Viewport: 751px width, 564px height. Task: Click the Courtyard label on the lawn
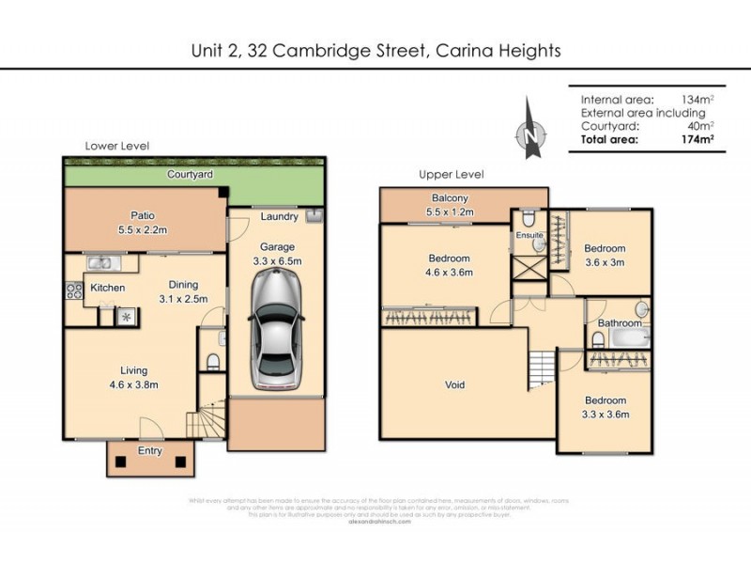tap(190, 175)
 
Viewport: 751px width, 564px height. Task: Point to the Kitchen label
tap(108, 288)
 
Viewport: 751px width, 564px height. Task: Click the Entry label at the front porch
tap(149, 451)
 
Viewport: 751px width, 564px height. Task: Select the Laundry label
tap(280, 217)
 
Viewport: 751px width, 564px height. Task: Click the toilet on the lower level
tap(212, 361)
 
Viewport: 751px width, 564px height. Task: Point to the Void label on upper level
tap(454, 384)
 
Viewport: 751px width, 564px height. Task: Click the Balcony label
tap(450, 198)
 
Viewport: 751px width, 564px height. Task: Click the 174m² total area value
tap(697, 139)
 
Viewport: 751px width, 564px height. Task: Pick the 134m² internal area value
tap(697, 100)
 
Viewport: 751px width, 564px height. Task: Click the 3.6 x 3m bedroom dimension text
tap(605, 262)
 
